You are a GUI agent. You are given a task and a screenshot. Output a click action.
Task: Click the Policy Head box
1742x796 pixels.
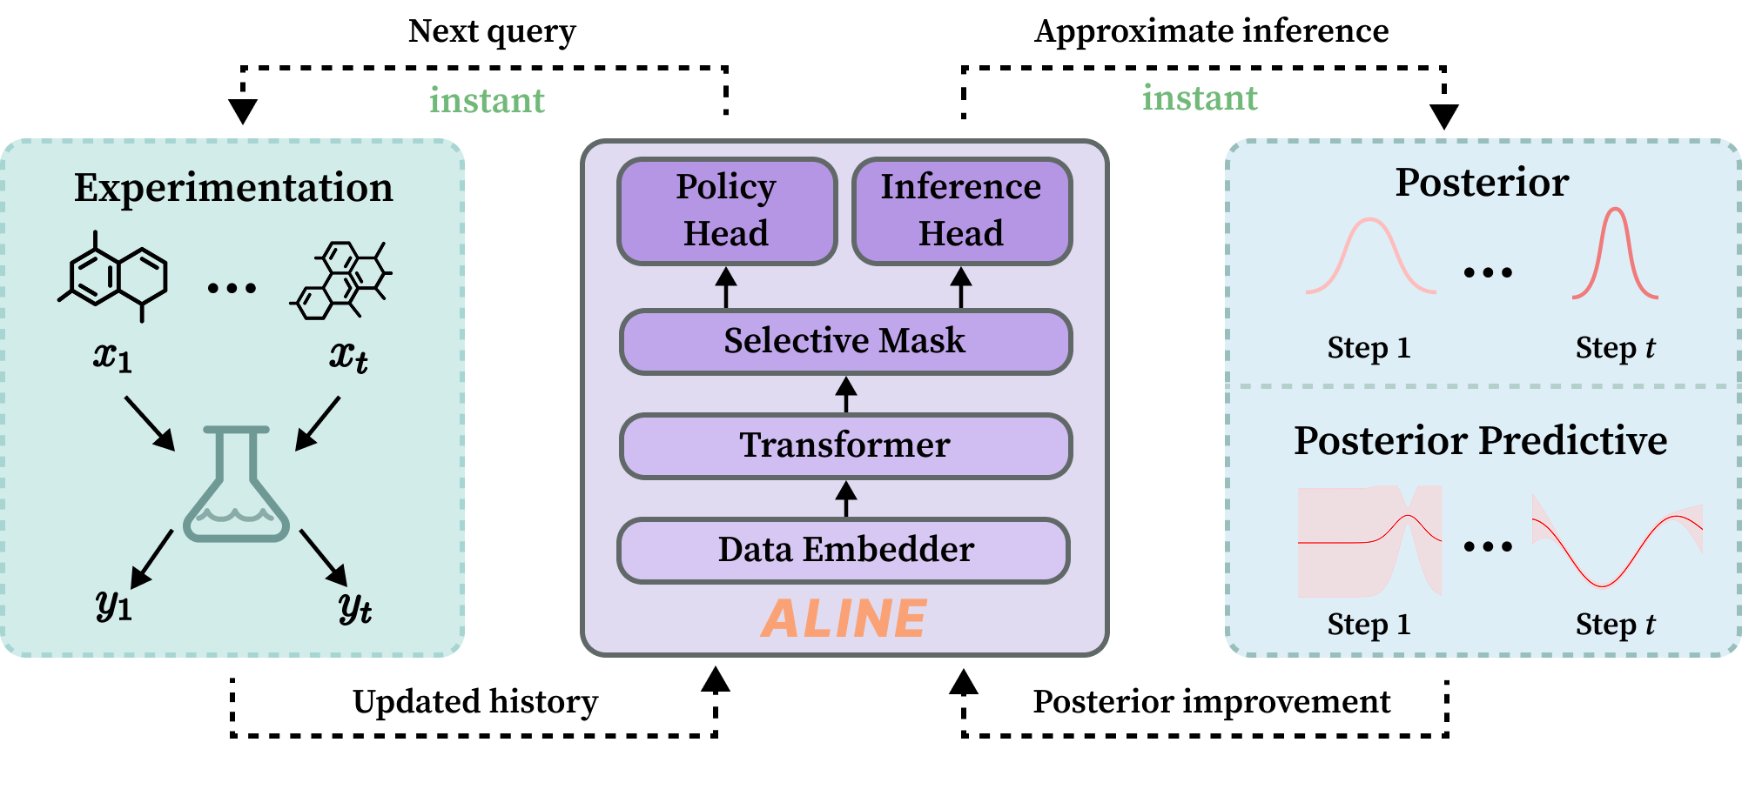[726, 211]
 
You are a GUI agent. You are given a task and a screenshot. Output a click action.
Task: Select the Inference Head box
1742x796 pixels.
[961, 211]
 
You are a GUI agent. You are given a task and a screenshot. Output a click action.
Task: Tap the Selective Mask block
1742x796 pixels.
[844, 341]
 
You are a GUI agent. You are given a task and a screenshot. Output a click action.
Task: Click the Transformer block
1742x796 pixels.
[844, 445]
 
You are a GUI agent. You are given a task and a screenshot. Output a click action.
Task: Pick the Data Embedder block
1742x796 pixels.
[844, 550]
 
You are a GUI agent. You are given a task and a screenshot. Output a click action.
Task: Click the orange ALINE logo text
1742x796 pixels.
[844, 619]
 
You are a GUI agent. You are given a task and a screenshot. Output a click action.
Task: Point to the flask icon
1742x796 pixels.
[236, 487]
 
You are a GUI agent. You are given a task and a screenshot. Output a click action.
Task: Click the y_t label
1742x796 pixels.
[355, 606]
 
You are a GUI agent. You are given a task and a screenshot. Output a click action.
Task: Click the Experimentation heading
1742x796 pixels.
[233, 188]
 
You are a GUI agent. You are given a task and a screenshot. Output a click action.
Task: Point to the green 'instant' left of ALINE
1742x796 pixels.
[487, 101]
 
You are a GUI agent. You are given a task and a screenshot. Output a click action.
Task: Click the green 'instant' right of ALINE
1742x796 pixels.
[1200, 98]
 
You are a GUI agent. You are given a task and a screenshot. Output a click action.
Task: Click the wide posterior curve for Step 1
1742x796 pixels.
[1370, 256]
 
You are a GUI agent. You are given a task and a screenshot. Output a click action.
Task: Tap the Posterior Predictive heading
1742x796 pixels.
[1480, 440]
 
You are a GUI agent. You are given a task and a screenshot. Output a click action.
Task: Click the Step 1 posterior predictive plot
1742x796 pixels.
[1369, 541]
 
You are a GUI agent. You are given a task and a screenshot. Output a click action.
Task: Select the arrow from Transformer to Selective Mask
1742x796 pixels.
[846, 394]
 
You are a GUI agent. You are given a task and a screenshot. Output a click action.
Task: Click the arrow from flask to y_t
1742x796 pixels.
[324, 557]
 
